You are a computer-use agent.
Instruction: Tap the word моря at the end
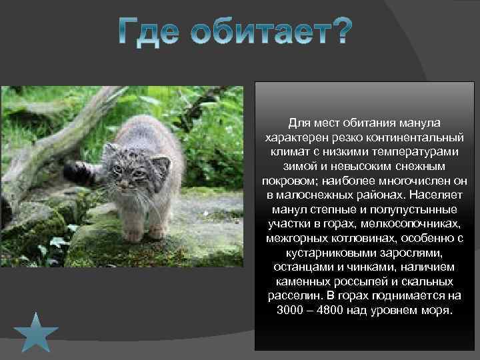435,311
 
